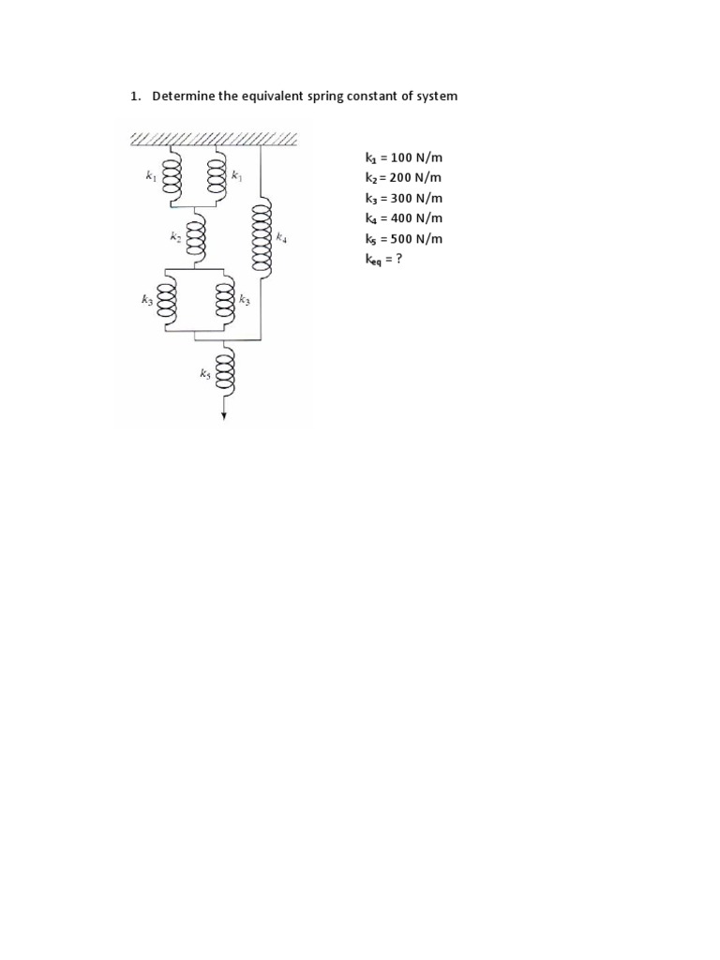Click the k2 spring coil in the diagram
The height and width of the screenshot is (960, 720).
(x=196, y=238)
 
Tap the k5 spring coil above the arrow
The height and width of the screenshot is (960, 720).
(x=224, y=370)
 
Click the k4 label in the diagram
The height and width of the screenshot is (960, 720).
(x=281, y=239)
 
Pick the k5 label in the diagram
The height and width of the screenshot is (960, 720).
(x=204, y=373)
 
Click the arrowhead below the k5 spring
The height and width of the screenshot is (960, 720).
(x=224, y=416)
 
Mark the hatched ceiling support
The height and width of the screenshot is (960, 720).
(x=213, y=139)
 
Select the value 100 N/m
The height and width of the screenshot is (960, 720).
(x=417, y=157)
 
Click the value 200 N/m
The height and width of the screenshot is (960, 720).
(x=417, y=177)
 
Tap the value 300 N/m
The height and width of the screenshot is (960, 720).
(x=417, y=198)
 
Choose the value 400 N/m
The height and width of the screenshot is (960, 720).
(x=417, y=217)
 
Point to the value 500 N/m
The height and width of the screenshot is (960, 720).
(x=417, y=238)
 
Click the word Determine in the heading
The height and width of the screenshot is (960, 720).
(x=183, y=97)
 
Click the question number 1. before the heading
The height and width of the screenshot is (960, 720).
(x=134, y=97)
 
